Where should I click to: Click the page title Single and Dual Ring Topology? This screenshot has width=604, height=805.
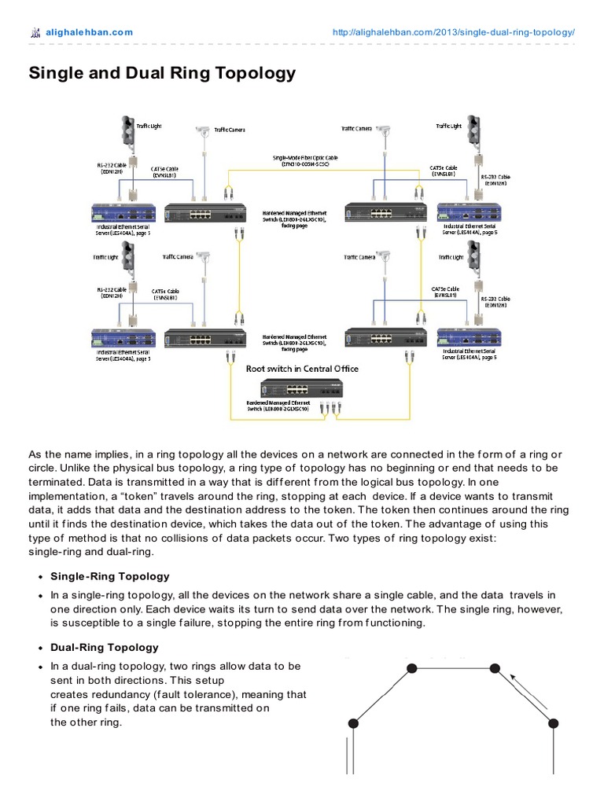[162, 73]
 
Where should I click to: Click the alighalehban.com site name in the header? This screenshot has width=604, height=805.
[89, 32]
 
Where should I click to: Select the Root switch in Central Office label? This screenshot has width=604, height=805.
[302, 369]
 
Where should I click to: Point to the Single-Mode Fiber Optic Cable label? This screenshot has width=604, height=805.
[302, 160]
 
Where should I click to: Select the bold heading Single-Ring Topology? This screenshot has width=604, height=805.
[110, 576]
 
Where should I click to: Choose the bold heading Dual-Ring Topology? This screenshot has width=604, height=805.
[105, 647]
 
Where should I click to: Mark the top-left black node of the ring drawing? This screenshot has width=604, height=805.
[411, 668]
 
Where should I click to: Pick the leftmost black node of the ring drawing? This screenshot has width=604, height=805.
[354, 722]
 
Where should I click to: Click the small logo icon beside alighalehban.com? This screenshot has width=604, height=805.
[34, 32]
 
